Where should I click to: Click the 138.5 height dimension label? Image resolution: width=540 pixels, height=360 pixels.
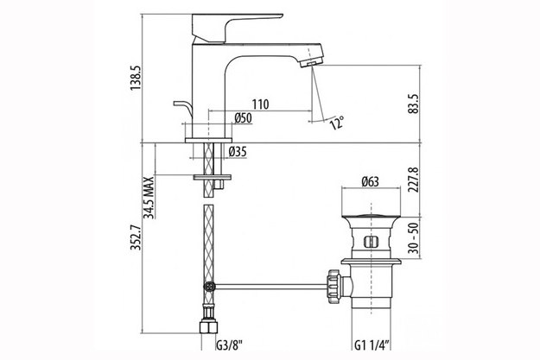[136, 79]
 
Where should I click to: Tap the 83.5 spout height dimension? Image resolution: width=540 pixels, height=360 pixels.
[415, 104]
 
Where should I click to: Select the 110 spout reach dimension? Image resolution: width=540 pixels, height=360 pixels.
[260, 104]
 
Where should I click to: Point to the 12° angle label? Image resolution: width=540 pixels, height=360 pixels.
[337, 123]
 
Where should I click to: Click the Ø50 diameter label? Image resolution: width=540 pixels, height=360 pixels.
[244, 118]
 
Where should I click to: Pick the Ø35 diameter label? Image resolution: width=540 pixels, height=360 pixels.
[238, 151]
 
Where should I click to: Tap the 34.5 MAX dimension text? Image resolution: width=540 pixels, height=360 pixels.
[149, 198]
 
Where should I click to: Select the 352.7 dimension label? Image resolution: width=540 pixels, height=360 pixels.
[136, 237]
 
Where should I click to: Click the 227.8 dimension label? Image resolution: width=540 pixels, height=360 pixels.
[415, 180]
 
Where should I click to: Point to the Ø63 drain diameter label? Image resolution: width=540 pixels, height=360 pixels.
[370, 181]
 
